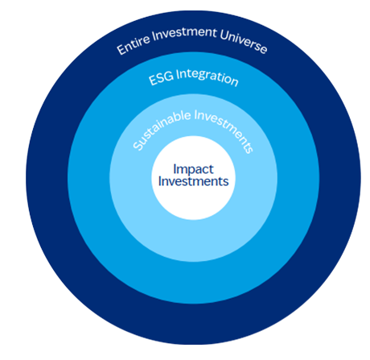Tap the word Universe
pyautogui.click(x=244, y=42)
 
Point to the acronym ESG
pyautogui.click(x=161, y=78)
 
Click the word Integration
pyautogui.click(x=208, y=77)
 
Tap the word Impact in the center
pyautogui.click(x=193, y=170)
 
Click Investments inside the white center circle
pyautogui.click(x=193, y=181)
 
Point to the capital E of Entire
pyautogui.click(x=121, y=50)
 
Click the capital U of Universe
pyautogui.click(x=224, y=35)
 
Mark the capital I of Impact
pyautogui.click(x=175, y=169)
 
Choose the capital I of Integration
pyautogui.click(x=178, y=74)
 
